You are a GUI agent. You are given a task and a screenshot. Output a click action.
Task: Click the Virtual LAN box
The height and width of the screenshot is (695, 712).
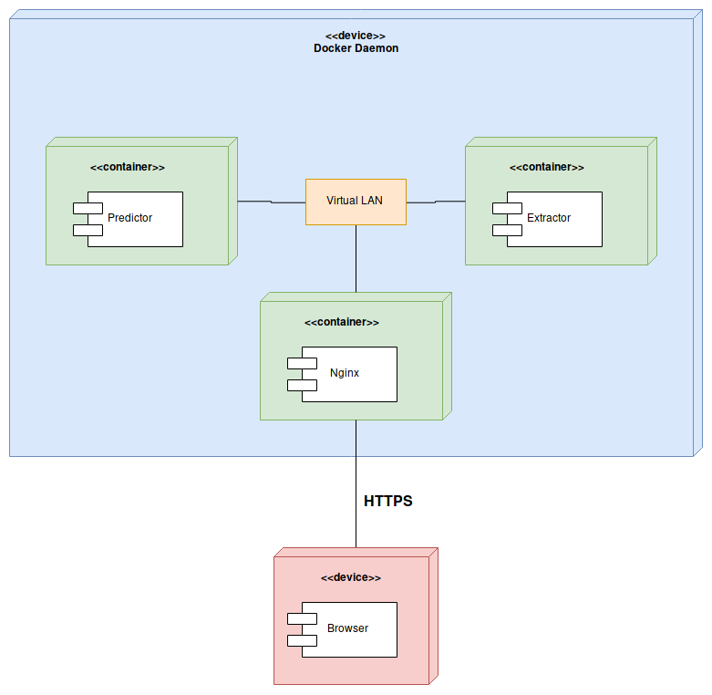point(356,202)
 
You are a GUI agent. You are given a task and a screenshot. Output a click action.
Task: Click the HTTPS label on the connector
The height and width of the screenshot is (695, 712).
point(388,501)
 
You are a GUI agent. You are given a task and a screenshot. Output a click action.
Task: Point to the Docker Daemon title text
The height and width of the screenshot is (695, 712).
point(356,48)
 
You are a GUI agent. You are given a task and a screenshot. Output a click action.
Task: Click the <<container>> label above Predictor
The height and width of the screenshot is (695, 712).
point(128,167)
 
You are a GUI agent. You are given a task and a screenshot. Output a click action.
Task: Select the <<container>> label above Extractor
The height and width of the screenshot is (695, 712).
point(547,167)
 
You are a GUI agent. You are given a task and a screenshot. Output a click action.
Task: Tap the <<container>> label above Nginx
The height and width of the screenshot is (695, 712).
point(342,322)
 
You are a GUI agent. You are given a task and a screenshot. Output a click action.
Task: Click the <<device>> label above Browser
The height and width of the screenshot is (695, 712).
point(351,577)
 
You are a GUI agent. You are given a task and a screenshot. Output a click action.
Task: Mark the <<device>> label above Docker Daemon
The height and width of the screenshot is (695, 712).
point(356,36)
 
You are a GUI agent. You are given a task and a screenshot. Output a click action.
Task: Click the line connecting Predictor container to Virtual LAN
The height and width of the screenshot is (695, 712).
point(271,202)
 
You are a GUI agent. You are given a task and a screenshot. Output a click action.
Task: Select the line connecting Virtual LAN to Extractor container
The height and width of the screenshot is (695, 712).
point(436,202)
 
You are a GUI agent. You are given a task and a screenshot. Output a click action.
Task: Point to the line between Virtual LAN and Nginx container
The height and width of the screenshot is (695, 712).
point(356,259)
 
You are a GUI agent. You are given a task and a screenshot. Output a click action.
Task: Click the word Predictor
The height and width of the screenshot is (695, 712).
point(130,218)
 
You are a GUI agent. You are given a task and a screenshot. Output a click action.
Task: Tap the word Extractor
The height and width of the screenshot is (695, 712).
point(549,218)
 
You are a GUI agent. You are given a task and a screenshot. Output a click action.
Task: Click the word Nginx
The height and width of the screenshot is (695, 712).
point(345,373)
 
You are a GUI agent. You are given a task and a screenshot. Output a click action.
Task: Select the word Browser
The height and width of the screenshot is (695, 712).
point(348,628)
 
